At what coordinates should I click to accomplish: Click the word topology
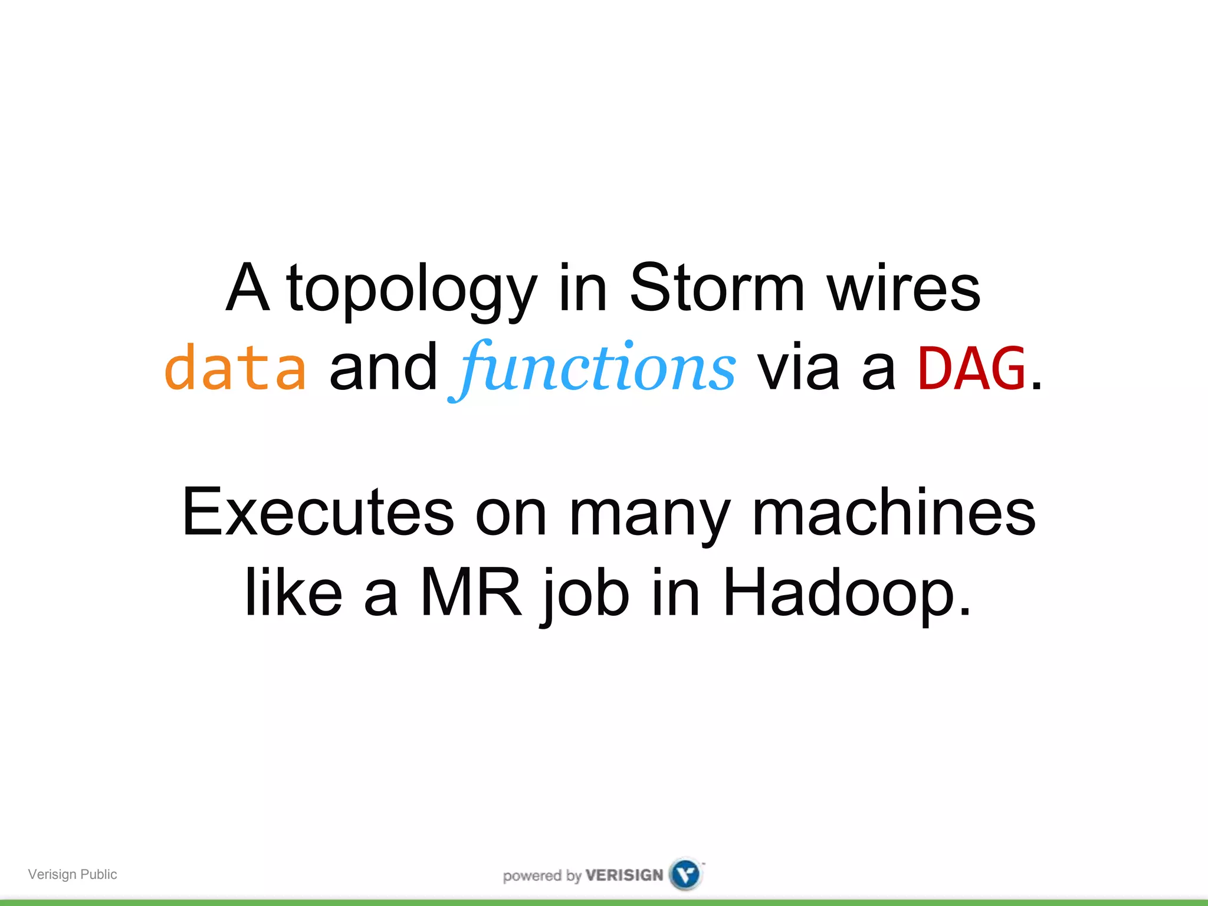[412, 290]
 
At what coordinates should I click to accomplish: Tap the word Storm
[717, 288]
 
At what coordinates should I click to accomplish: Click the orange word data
[235, 368]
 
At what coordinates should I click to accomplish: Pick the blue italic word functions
[593, 369]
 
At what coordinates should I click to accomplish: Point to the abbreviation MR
[471, 592]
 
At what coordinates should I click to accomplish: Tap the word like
[293, 592]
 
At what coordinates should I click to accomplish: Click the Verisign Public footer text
[73, 874]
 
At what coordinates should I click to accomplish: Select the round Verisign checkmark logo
[686, 874]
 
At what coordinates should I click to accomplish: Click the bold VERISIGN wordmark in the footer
[624, 875]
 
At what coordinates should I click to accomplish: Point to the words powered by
[542, 876]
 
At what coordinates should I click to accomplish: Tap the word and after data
[383, 369]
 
